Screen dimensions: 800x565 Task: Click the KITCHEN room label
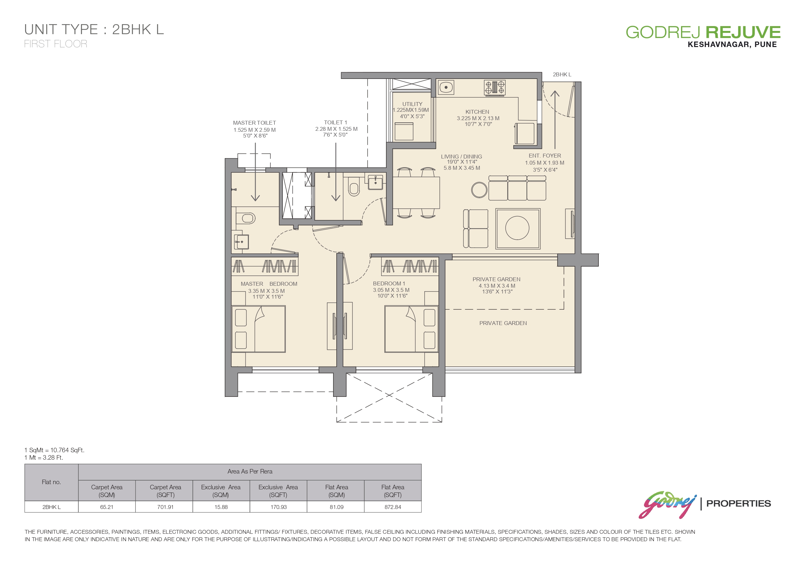tap(477, 112)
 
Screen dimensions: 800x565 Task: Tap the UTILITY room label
tap(412, 104)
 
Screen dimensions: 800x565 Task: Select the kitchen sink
tap(446, 87)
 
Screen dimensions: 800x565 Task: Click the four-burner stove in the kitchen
tap(494, 88)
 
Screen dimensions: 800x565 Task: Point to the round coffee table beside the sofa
tap(479, 190)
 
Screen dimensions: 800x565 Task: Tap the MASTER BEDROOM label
tap(269, 284)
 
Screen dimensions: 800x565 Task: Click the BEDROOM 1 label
tap(389, 283)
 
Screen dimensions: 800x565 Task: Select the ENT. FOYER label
tap(545, 156)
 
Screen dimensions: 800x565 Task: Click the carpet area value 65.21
tap(107, 507)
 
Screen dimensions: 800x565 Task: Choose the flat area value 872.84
tap(393, 507)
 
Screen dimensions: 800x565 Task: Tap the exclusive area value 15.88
tap(221, 507)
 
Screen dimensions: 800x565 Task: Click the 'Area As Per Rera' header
tap(250, 471)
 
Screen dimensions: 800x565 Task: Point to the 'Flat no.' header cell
tap(51, 482)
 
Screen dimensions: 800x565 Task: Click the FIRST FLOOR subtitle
tap(56, 44)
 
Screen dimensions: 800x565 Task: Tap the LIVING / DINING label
tap(461, 157)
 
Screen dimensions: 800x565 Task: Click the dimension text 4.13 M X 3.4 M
tap(497, 286)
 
